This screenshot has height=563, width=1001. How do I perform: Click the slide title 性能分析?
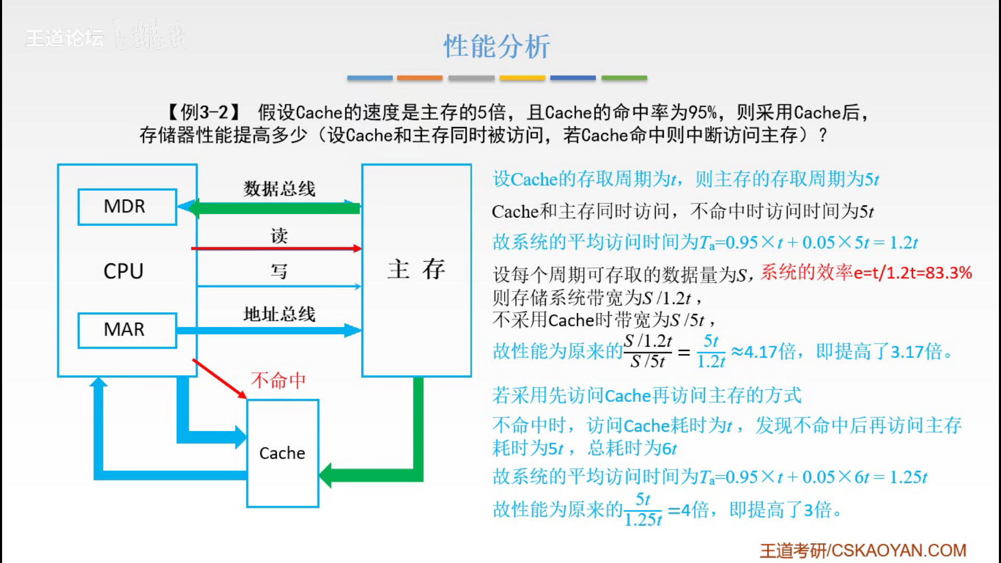(496, 46)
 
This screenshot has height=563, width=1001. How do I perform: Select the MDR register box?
(127, 207)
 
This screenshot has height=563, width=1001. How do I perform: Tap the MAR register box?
(127, 330)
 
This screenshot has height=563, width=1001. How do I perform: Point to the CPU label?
(123, 271)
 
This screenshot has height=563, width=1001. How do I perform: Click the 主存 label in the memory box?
(416, 270)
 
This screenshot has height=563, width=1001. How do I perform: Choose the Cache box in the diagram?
(283, 453)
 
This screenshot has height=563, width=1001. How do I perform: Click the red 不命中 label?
(278, 380)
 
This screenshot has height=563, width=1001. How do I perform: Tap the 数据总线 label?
(279, 189)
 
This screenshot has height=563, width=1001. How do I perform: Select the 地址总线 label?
(279, 314)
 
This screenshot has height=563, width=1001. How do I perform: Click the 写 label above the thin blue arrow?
(279, 271)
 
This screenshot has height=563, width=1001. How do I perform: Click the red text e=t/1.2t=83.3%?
(912, 273)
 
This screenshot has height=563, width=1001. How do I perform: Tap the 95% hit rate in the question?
(702, 112)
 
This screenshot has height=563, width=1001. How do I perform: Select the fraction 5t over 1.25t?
(643, 510)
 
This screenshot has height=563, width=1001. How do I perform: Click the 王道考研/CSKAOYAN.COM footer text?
(863, 550)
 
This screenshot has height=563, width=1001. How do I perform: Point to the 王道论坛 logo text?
(65, 38)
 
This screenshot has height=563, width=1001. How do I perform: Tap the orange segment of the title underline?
(420, 78)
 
